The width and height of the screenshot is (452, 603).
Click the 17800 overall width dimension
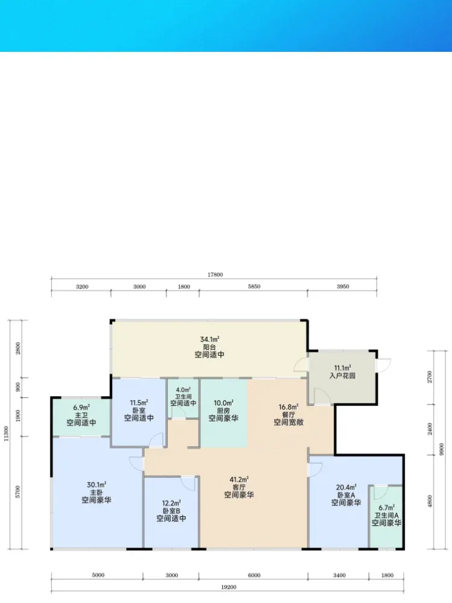click(x=215, y=274)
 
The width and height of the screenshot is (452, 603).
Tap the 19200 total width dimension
click(x=228, y=587)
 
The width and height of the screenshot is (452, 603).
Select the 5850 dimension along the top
click(x=254, y=286)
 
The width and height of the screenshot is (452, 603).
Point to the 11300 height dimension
click(x=6, y=434)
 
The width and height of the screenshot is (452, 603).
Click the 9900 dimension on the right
click(x=441, y=449)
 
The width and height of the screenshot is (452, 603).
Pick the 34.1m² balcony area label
click(x=210, y=339)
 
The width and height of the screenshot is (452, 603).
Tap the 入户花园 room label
click(x=342, y=376)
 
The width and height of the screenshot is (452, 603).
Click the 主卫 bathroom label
click(x=81, y=415)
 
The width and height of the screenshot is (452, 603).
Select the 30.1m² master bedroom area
click(x=96, y=485)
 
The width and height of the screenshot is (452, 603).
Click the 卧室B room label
click(x=171, y=511)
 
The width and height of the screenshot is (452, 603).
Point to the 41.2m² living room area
click(x=239, y=479)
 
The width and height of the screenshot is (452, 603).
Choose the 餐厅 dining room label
click(x=288, y=415)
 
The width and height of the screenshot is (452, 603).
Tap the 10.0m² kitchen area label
click(x=224, y=403)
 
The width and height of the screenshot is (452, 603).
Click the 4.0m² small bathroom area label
click(x=183, y=390)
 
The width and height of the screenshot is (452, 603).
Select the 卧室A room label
click(x=346, y=495)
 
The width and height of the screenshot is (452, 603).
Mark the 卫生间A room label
click(x=386, y=516)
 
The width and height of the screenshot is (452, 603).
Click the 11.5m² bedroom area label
click(x=139, y=403)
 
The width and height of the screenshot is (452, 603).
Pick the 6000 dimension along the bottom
click(x=254, y=575)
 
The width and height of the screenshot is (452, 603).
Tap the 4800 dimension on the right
click(x=430, y=501)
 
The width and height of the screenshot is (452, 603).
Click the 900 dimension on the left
click(x=17, y=387)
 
